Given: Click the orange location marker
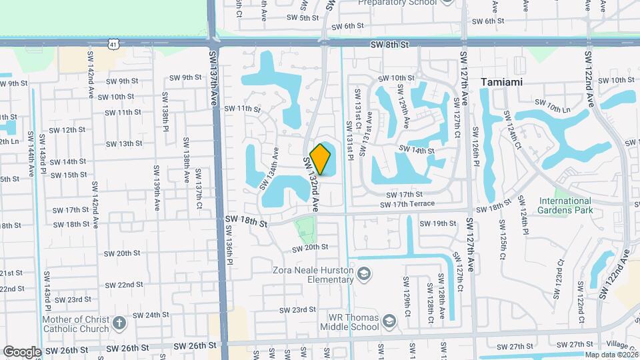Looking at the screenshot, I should click(321, 159).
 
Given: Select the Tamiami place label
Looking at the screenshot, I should click(501, 82).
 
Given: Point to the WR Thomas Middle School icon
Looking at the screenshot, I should click(389, 323).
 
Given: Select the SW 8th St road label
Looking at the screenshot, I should click(389, 42).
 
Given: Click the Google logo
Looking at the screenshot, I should click(22, 352).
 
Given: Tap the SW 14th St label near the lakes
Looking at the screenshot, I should click(417, 151).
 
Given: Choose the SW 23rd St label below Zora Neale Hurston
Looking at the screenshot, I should click(297, 309).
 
